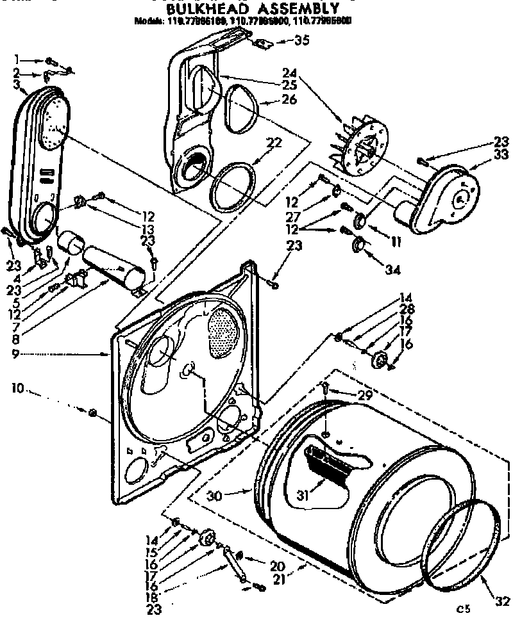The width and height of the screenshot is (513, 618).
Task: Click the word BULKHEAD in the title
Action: [199, 9]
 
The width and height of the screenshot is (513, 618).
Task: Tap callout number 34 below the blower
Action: [392, 270]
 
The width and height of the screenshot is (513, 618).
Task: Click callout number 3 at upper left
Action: [14, 85]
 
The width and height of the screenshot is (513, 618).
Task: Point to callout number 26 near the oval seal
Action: [290, 100]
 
